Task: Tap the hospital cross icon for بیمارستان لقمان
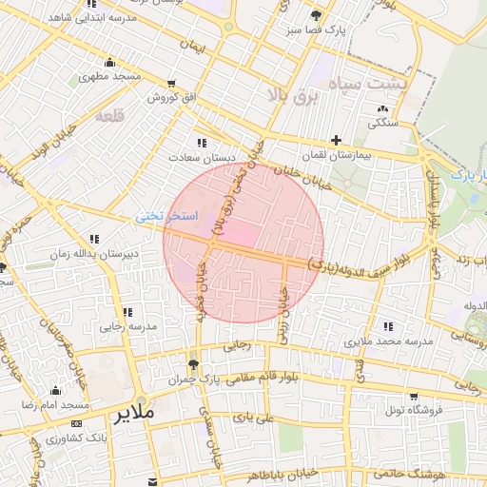tap(336, 140)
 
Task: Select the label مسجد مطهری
tap(110, 75)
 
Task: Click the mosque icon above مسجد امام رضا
tap(54, 390)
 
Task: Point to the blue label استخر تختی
tap(166, 217)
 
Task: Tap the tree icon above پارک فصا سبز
tap(316, 16)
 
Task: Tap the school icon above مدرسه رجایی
tap(126, 311)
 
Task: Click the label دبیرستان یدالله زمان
tap(94, 254)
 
